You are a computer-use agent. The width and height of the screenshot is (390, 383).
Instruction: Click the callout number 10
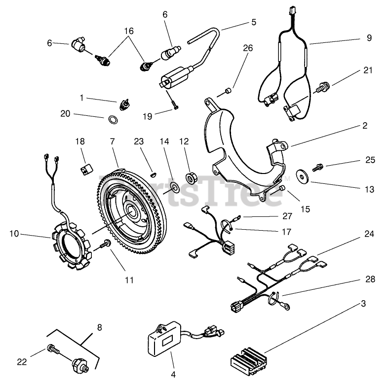14,234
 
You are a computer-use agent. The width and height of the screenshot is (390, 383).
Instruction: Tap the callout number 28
370,279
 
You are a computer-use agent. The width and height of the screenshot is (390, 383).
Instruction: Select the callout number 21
368,70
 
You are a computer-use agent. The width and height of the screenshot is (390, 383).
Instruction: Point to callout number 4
173,374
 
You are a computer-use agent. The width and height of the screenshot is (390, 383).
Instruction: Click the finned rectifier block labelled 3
249,360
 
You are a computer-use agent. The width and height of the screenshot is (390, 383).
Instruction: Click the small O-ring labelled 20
113,120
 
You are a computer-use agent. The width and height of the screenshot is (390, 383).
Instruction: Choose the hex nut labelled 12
191,177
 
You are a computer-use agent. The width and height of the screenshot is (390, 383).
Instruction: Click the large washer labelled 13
302,176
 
